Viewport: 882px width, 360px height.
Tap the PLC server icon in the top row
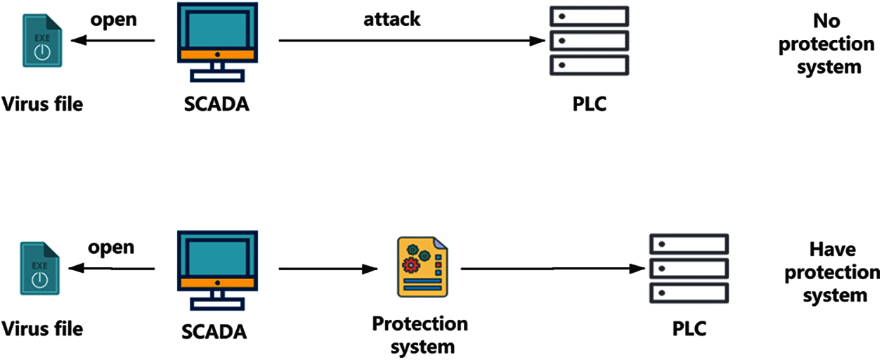(588, 41)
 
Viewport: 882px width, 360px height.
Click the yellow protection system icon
(421, 267)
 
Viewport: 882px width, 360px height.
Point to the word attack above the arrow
(391, 19)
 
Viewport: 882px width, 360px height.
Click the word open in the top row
(113, 20)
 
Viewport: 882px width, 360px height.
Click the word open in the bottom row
(110, 248)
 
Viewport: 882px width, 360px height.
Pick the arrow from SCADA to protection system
(329, 269)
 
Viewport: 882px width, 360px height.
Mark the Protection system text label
(420, 335)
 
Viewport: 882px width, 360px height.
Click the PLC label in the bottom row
(688, 328)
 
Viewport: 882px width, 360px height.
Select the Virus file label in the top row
(43, 105)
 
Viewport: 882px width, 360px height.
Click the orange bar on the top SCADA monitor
(217, 54)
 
